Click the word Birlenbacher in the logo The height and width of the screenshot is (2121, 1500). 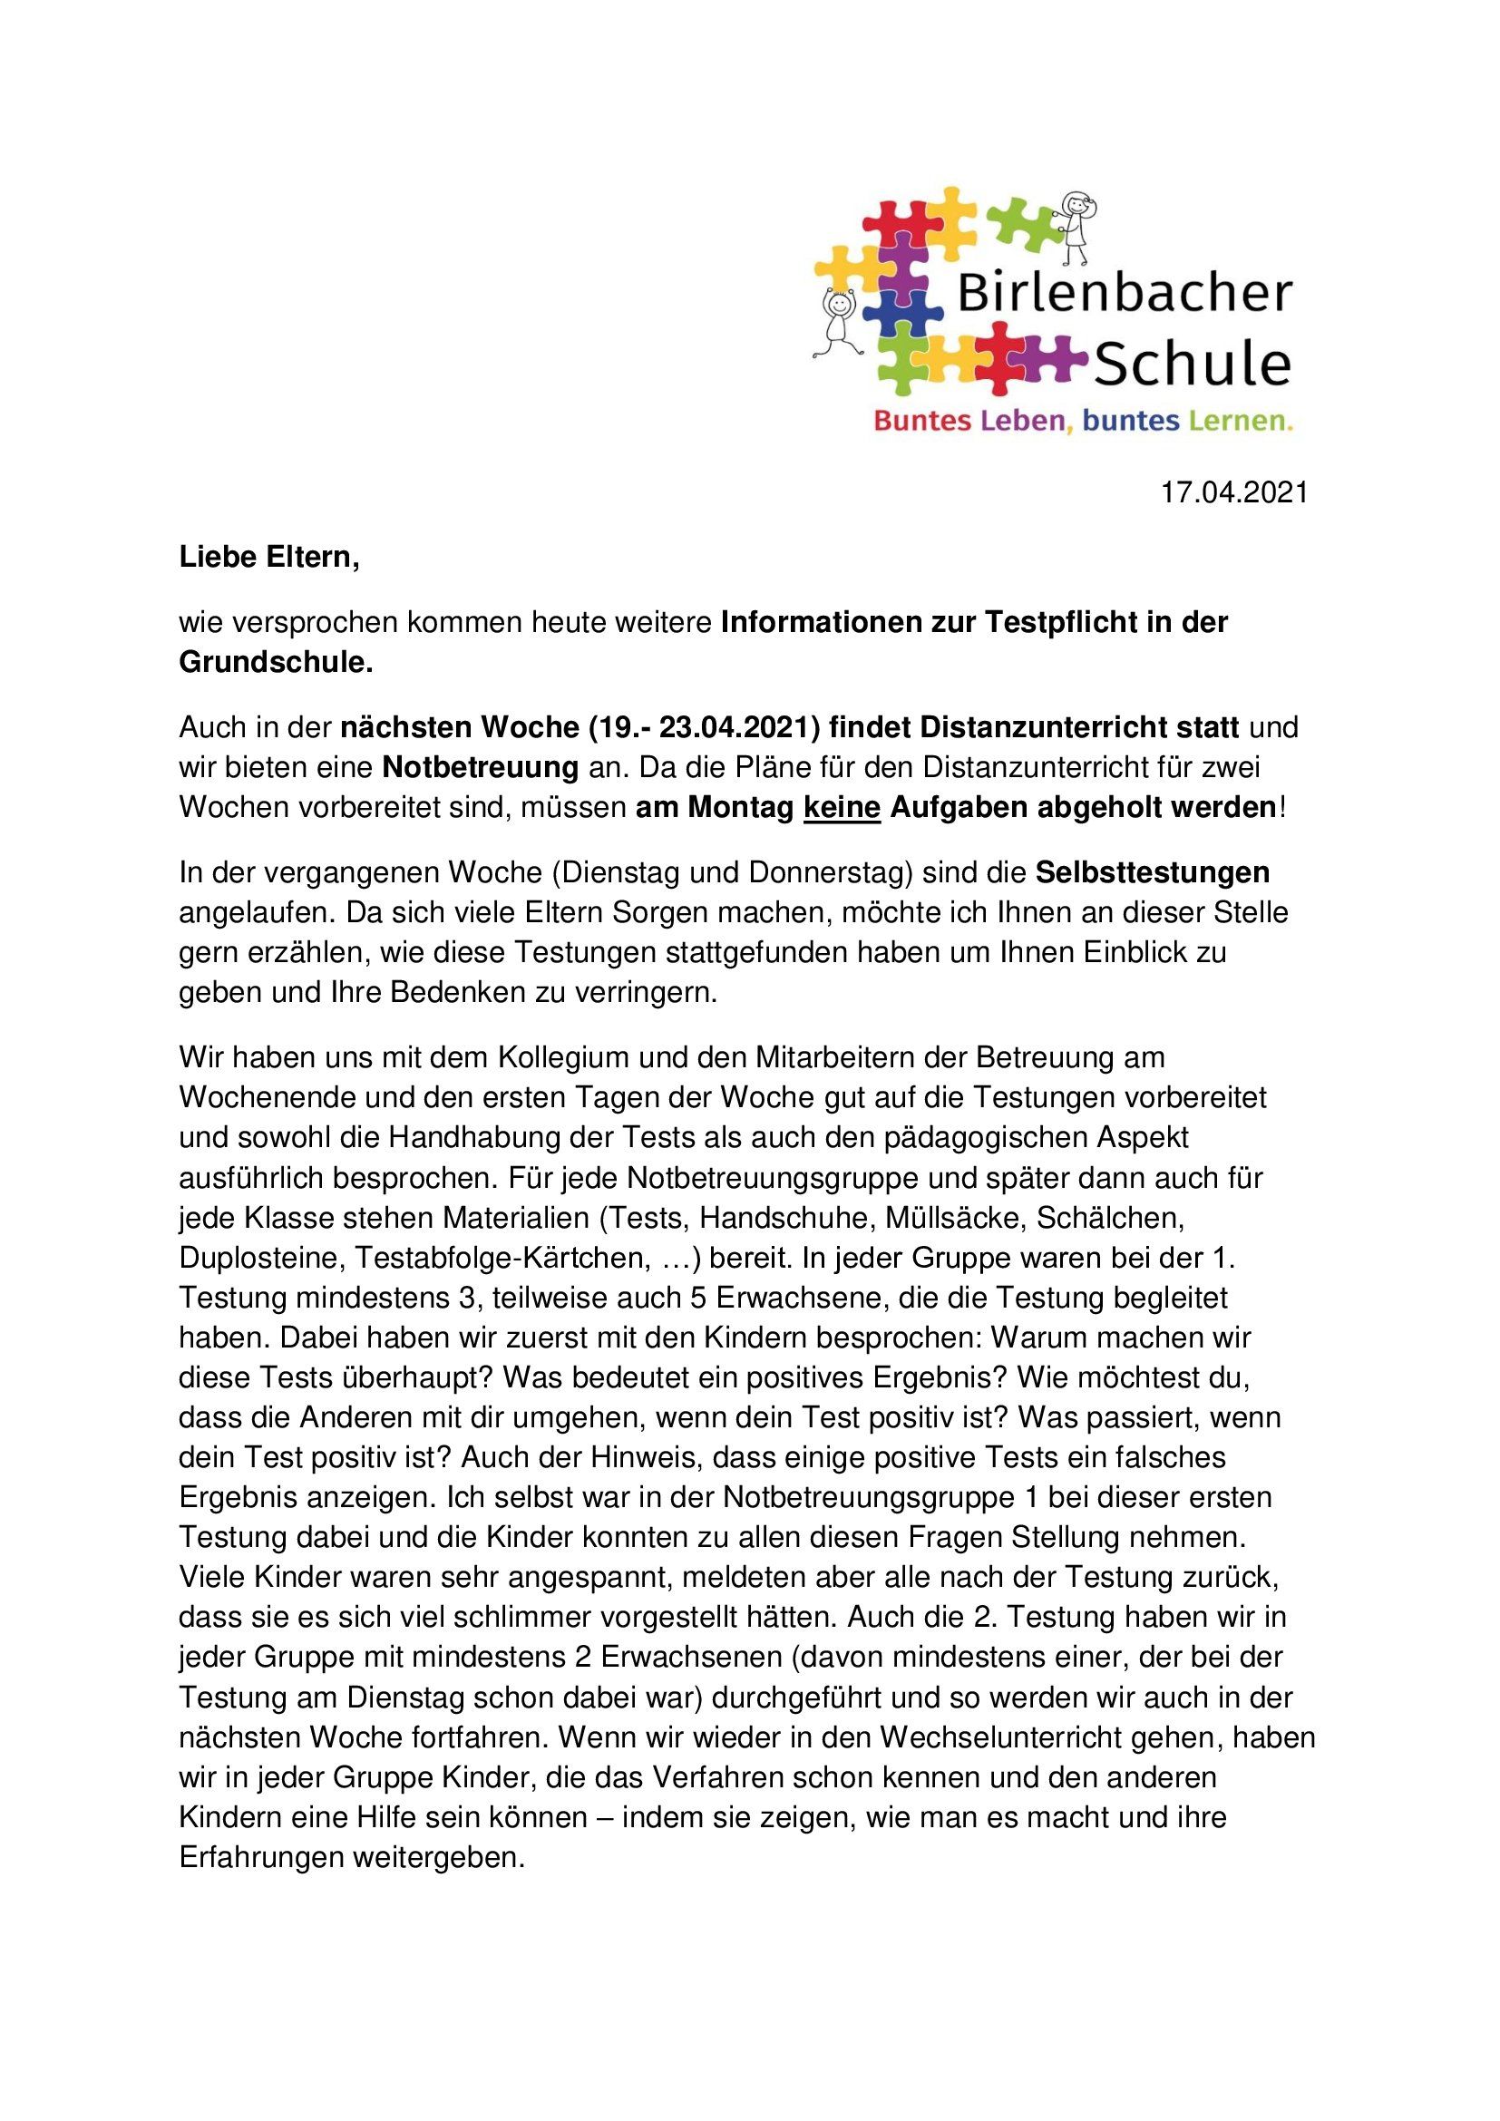pyautogui.click(x=1124, y=294)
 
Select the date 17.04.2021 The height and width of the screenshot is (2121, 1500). pyautogui.click(x=1234, y=492)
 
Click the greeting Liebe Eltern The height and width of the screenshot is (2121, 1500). pyautogui.click(x=268, y=558)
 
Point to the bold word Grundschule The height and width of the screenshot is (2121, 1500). pyautogui.click(x=276, y=662)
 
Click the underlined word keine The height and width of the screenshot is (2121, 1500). pyautogui.click(x=842, y=807)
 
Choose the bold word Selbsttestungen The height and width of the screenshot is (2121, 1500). pyautogui.click(x=1152, y=872)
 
